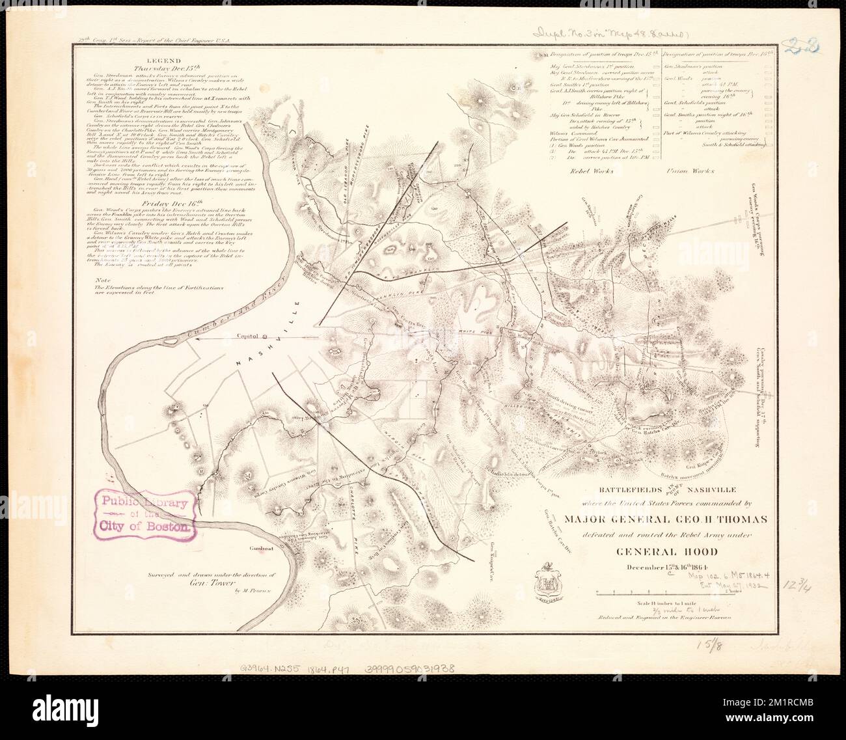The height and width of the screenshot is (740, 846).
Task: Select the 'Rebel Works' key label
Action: coord(588,171)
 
